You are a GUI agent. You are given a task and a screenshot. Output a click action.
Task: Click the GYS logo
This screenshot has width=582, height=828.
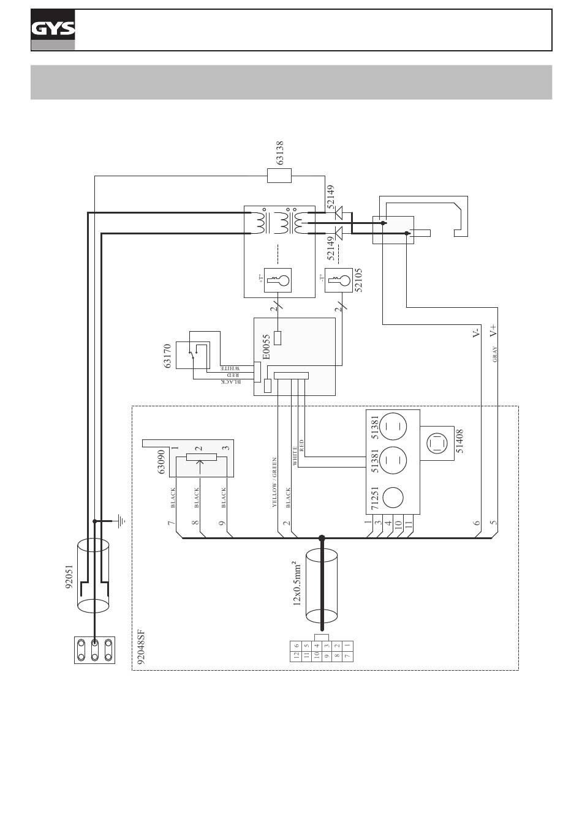tap(53, 29)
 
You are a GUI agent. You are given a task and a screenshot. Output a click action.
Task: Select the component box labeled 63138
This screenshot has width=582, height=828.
tap(279, 176)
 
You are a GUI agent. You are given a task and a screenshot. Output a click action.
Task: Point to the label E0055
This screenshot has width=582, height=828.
tap(266, 347)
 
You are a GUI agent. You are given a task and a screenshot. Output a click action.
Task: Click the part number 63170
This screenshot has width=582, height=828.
tap(167, 356)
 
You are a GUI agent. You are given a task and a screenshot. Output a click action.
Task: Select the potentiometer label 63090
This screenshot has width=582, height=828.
tap(161, 462)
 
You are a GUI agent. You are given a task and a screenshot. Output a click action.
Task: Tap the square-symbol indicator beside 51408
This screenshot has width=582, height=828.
tap(437, 443)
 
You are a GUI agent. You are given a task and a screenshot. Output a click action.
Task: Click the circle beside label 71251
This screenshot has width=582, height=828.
tap(393, 498)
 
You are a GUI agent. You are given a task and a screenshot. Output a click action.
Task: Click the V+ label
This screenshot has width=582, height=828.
tap(493, 330)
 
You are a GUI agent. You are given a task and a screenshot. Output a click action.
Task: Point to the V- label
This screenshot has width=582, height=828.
tap(476, 332)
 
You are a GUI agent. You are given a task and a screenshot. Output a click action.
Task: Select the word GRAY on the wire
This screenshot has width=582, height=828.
tap(495, 354)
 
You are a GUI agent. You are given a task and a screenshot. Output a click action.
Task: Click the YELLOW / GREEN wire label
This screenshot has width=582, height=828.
tap(274, 482)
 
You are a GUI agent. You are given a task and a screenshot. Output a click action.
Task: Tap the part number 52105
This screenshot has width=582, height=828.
tap(358, 280)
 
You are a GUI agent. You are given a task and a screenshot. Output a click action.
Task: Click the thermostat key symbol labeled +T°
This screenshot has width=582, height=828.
tap(278, 280)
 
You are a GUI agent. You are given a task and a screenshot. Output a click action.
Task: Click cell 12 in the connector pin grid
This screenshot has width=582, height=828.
tap(296, 656)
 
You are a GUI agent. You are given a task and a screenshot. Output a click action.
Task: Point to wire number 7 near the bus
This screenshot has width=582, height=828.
tap(171, 523)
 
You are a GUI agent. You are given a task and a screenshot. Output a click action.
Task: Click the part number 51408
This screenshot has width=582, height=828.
tap(459, 441)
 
